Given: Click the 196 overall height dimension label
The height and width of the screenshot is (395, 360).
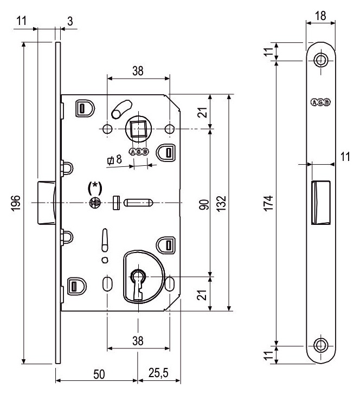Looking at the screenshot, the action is [x=16, y=203].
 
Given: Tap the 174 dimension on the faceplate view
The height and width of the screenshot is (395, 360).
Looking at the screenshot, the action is [x=269, y=203].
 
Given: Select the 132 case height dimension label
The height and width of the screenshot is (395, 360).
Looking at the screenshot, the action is [x=221, y=204].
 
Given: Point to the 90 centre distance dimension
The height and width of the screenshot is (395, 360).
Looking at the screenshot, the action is [x=204, y=205].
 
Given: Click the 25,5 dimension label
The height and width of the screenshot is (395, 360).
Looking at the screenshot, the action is [x=158, y=373].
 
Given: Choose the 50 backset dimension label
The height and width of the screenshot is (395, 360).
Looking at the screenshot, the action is [x=99, y=374].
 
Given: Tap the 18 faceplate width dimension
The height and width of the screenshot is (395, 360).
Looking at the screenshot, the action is [x=320, y=16].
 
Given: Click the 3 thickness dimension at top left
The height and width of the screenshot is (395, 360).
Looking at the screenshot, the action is [x=70, y=21].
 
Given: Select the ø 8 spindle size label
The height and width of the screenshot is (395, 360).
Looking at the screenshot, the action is [x=114, y=160].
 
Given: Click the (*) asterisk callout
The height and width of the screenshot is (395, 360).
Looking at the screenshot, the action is [x=95, y=188].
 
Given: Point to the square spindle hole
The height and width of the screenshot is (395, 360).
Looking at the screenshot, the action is [x=138, y=128].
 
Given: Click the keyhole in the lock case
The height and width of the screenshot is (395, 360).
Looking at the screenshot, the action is [x=138, y=284].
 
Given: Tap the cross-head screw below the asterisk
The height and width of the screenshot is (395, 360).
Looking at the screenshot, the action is [x=95, y=202].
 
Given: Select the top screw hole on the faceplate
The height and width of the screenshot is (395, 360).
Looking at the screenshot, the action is [x=321, y=60].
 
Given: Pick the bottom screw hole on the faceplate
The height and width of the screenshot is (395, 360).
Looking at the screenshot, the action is [x=321, y=345].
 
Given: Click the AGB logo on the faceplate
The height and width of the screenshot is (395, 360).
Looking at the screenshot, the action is [x=320, y=102].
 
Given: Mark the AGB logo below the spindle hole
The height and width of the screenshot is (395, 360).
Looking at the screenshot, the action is [x=139, y=152].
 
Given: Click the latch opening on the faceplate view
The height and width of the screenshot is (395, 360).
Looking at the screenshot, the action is [x=321, y=202].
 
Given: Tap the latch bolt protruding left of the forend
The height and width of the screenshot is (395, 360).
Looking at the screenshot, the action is [x=47, y=202].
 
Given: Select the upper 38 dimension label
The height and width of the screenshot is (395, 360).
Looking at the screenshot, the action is [x=138, y=71].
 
